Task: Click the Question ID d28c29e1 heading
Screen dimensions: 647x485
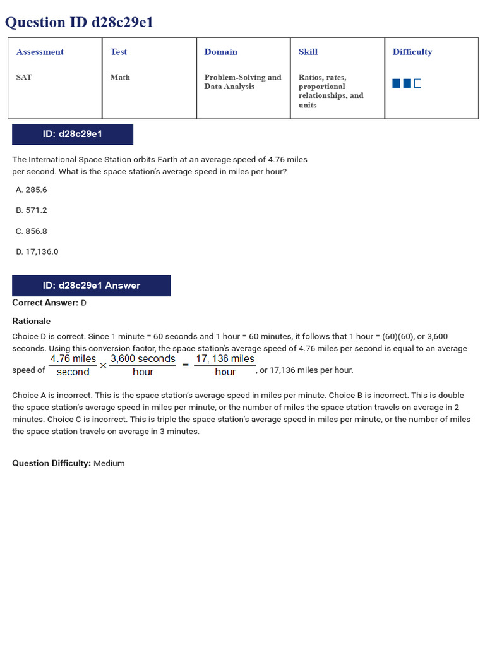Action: point(79,23)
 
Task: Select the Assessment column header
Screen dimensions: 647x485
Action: point(40,52)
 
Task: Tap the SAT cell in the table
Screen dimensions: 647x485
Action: point(24,77)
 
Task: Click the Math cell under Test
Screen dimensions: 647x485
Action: point(120,77)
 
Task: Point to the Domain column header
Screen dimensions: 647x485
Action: point(220,52)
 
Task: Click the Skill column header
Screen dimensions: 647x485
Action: point(308,52)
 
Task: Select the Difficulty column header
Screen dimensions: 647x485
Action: point(412,52)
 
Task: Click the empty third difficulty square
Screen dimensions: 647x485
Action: point(417,83)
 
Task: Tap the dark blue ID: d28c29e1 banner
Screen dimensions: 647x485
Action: point(73,134)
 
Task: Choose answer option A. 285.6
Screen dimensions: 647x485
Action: point(32,190)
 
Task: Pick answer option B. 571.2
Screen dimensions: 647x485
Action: point(32,210)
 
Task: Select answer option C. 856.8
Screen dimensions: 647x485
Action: point(32,231)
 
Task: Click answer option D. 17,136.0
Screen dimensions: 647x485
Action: point(37,251)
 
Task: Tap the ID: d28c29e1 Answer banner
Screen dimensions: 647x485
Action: point(92,286)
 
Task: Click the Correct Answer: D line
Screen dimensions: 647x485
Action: point(49,303)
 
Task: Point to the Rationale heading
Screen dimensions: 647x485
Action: point(32,321)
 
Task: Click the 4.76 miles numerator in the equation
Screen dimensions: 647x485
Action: point(73,359)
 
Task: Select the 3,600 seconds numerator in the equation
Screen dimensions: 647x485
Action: point(143,359)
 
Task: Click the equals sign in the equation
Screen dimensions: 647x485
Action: point(185,365)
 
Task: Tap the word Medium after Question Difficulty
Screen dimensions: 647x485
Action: point(109,463)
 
